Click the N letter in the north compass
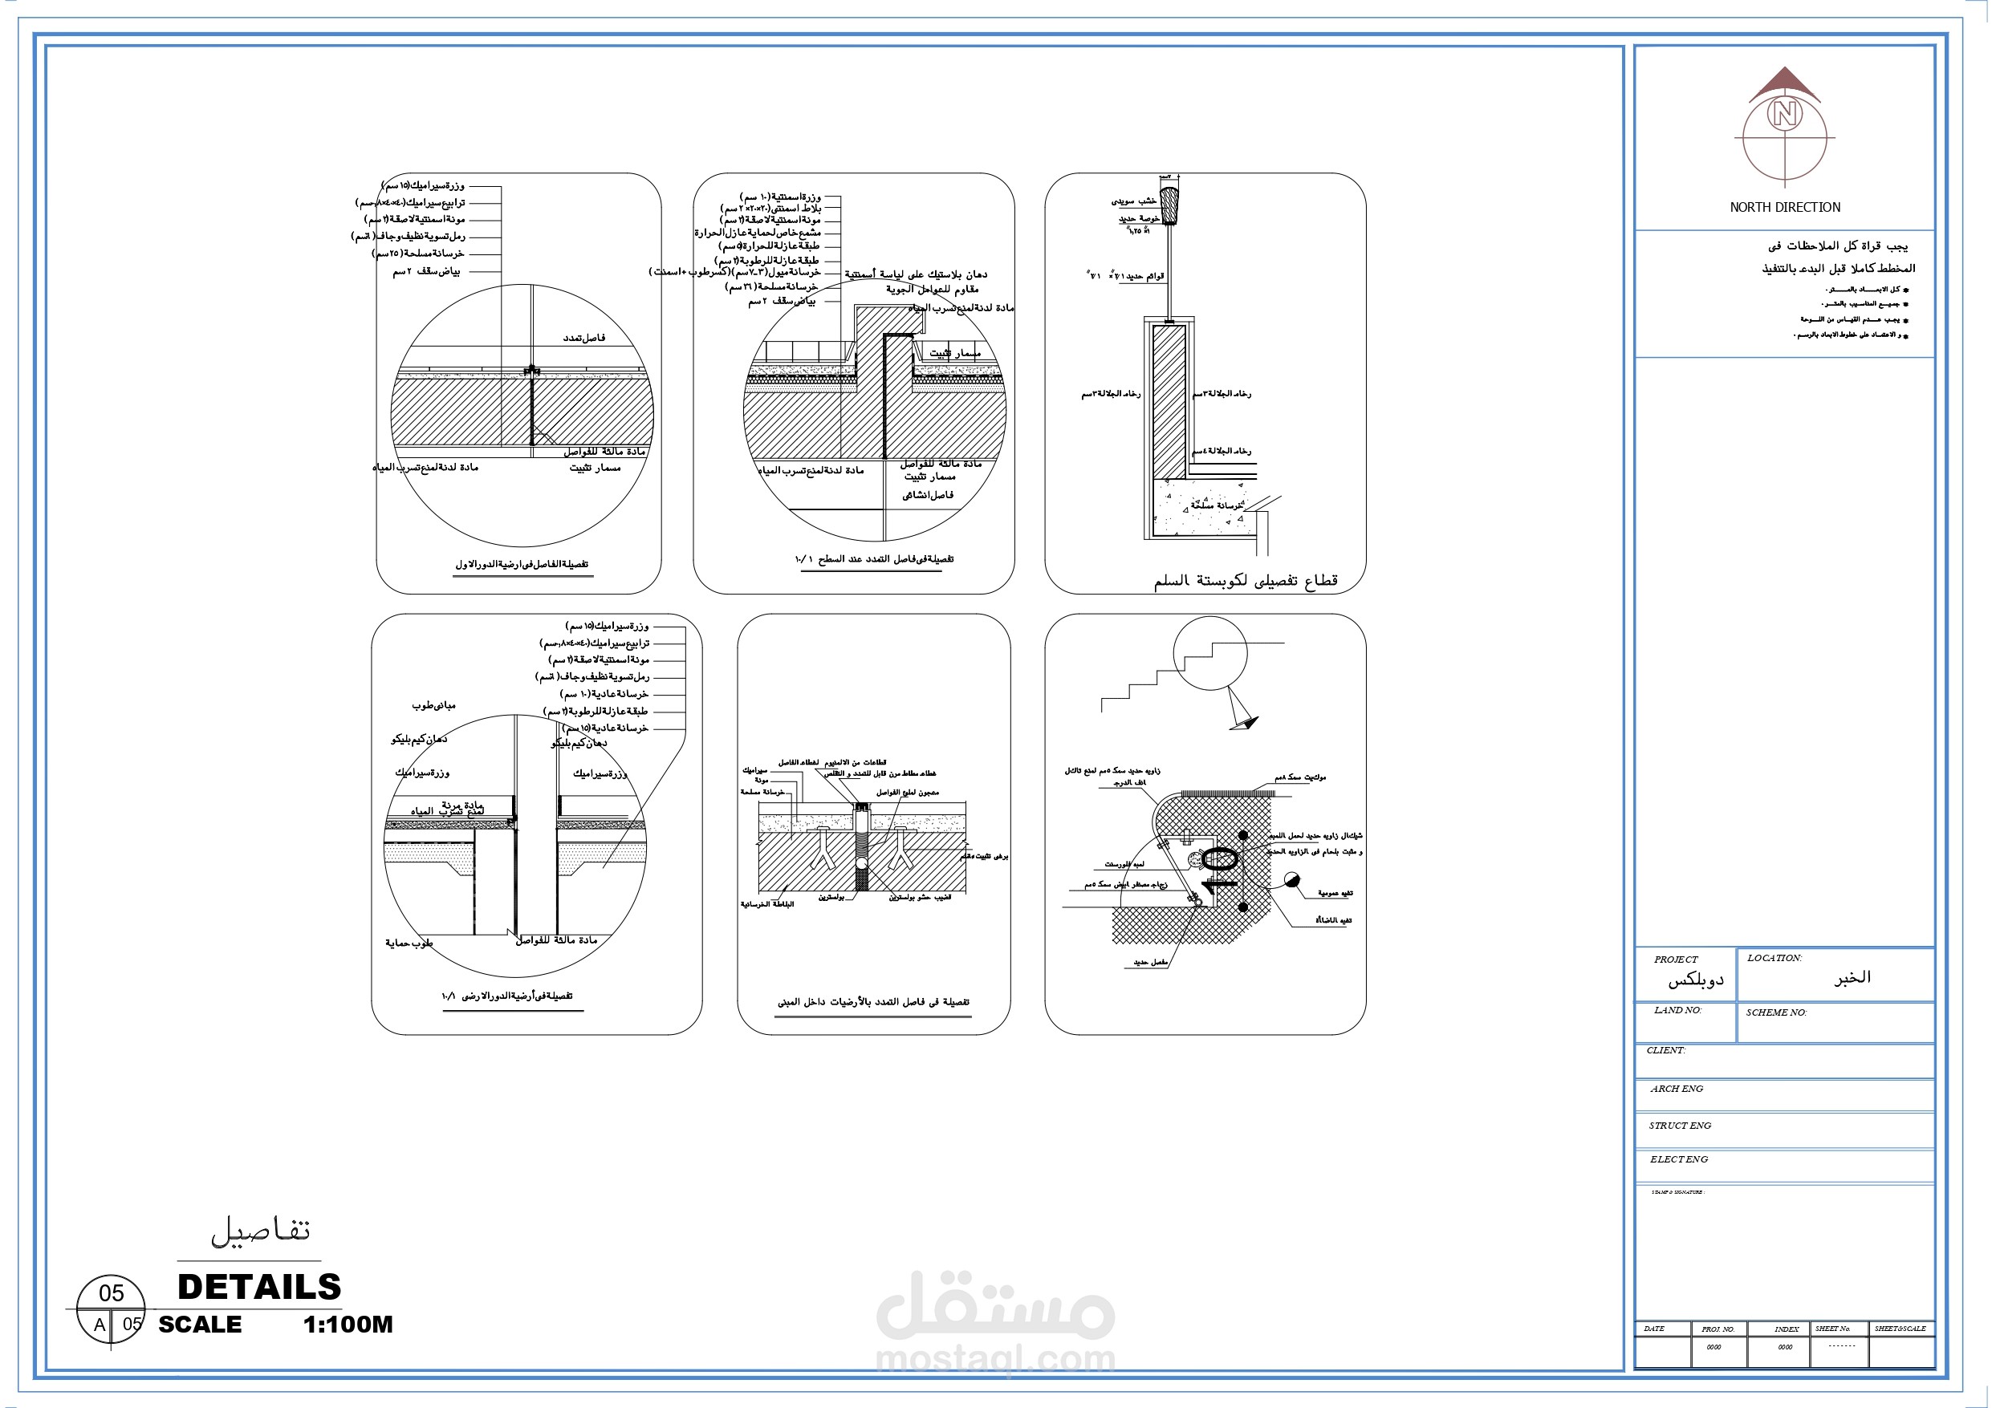1784,114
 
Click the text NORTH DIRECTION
1785,207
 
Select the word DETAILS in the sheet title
258,1287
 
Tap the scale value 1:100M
348,1325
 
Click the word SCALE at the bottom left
200,1325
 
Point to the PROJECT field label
1675,960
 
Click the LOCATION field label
1774,958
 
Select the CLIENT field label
1666,1049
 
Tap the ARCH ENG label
1677,1089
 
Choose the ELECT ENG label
1678,1159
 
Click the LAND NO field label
1677,1010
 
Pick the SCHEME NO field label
1776,1012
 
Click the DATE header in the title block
1653,1329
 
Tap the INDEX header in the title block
1786,1329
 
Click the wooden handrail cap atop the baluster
1169,205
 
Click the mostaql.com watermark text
995,1359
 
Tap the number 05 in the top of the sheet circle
111,1293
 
